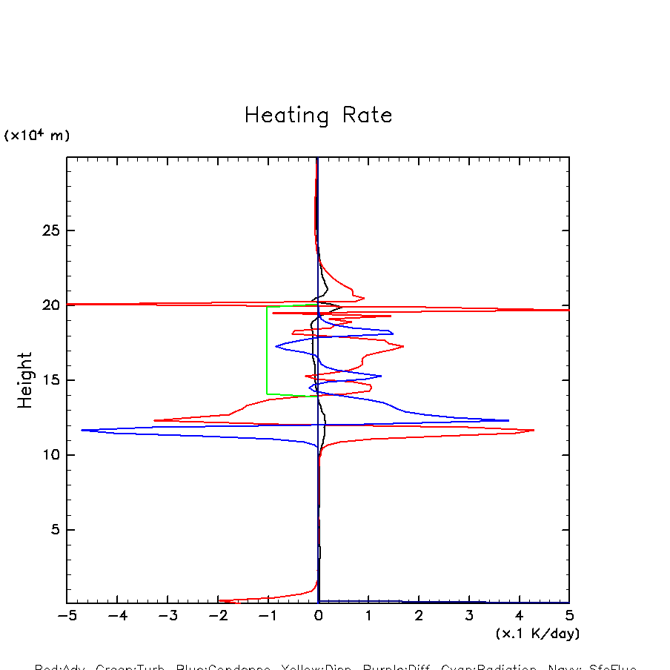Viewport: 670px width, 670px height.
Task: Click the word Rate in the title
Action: [368, 116]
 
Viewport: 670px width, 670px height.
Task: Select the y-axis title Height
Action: [25, 380]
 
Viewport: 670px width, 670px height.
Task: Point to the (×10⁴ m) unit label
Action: [37, 136]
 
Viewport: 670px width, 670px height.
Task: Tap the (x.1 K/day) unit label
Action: [537, 634]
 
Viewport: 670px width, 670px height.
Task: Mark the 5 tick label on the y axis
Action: [53, 530]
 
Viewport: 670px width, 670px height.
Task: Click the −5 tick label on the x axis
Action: [67, 617]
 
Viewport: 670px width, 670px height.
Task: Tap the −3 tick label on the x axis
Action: [167, 617]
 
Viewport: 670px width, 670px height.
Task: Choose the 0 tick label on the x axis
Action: [318, 617]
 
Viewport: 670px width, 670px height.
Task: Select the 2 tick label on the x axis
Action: [419, 617]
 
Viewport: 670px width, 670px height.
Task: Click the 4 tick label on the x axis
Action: [519, 617]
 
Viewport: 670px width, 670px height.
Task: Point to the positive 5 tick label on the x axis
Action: [569, 617]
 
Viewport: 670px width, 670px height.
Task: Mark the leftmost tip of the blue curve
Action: [82, 430]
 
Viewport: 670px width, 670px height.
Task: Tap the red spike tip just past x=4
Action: [534, 430]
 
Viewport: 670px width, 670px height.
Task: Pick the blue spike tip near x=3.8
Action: [508, 420]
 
